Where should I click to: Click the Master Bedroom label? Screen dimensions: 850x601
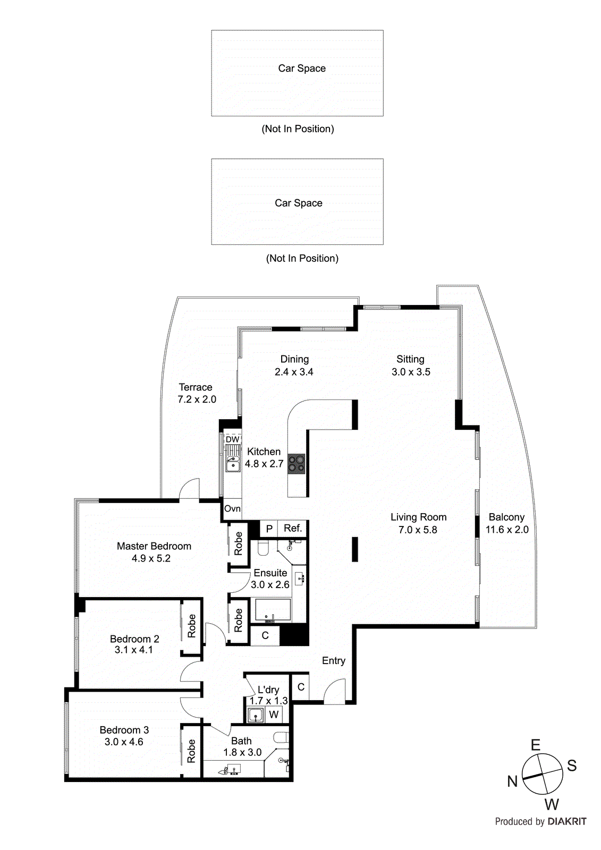(154, 546)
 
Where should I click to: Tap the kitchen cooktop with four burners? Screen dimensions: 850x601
(297, 464)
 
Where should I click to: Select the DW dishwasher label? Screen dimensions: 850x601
(232, 439)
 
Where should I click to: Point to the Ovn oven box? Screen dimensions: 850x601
(232, 508)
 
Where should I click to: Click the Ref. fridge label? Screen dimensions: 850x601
(293, 528)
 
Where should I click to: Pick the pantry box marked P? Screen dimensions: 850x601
(269, 529)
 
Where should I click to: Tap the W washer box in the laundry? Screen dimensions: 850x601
(274, 715)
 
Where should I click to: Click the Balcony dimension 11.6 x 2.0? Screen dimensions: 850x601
(507, 530)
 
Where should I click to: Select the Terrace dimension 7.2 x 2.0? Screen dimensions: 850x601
(197, 399)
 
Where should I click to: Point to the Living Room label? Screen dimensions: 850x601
(418, 517)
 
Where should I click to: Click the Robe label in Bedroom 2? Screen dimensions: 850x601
(192, 626)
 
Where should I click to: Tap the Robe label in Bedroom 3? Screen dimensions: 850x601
(192, 751)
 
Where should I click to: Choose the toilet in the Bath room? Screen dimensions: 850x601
(281, 737)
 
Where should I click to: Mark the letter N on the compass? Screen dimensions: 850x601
(512, 781)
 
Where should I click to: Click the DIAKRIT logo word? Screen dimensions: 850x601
(567, 822)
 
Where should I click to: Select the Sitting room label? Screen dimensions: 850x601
(410, 359)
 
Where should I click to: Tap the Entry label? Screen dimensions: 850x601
(334, 660)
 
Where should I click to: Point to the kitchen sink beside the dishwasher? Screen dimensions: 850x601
(233, 464)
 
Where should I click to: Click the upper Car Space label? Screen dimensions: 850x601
(302, 68)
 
